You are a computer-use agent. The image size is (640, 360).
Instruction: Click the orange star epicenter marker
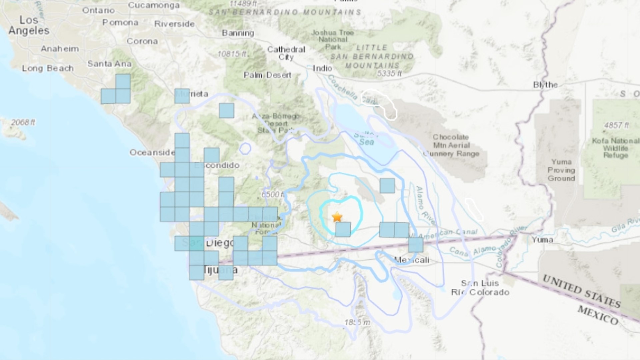(x=337, y=217)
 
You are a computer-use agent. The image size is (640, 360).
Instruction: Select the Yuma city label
(x=542, y=239)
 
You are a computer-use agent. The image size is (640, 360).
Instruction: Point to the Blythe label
(x=545, y=85)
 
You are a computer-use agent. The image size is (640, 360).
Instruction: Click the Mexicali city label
(x=411, y=260)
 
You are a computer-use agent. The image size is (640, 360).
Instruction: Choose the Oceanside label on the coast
(x=152, y=152)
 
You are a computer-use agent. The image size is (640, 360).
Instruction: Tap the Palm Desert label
(x=267, y=75)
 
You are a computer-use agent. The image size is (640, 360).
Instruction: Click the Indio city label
(x=322, y=68)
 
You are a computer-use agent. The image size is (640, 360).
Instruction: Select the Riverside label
(x=174, y=24)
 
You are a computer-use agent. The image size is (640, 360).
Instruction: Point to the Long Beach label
(x=48, y=68)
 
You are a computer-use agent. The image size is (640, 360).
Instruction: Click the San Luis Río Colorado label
(x=480, y=288)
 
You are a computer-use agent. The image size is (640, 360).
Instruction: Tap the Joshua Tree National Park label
(x=332, y=40)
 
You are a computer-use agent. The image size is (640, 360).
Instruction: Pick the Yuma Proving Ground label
(x=561, y=170)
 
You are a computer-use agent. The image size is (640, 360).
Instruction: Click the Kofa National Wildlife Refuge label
(x=615, y=148)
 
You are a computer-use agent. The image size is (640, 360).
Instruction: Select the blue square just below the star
(x=343, y=229)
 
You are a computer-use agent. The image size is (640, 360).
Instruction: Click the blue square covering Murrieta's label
(x=182, y=96)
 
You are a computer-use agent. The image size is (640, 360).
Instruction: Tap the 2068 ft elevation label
(x=23, y=122)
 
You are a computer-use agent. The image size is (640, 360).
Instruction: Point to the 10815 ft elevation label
(x=232, y=54)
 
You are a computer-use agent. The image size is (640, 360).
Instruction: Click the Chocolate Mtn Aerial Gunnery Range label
(x=451, y=145)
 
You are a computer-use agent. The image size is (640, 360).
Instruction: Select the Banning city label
(x=238, y=33)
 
